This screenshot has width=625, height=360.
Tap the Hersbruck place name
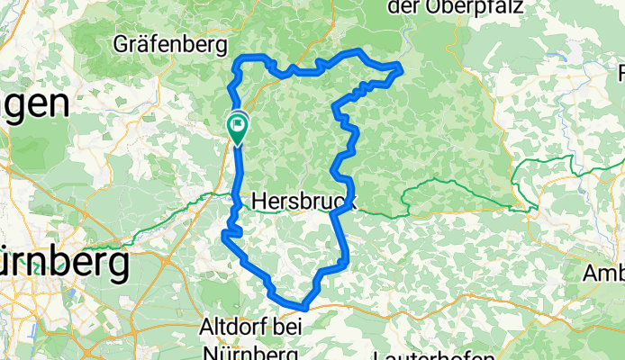click(x=303, y=203)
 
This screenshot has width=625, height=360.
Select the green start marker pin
click(x=238, y=126)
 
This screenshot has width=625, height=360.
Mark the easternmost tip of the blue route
click(x=401, y=67)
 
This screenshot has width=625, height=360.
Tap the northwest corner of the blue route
click(x=238, y=60)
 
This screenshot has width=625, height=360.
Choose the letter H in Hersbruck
click(x=259, y=203)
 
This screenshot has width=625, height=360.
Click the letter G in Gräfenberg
click(x=122, y=42)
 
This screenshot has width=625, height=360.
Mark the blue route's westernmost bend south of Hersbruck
click(x=222, y=236)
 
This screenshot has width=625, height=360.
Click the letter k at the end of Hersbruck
click(x=349, y=203)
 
